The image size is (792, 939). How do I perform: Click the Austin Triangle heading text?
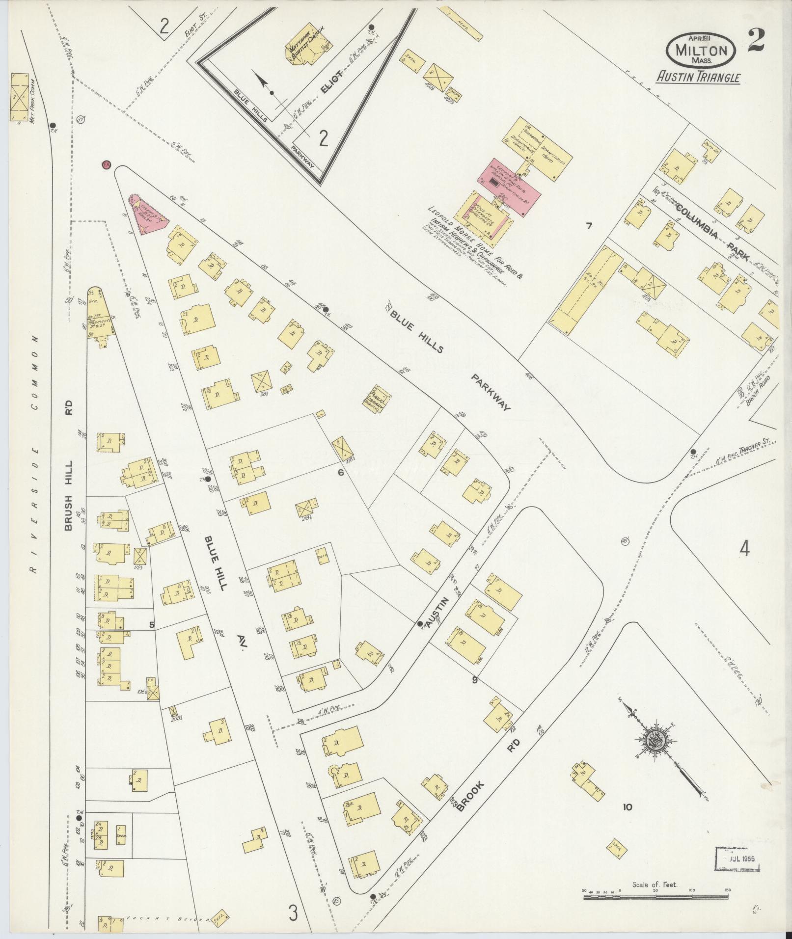[699, 78]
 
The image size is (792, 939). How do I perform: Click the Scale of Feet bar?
[655, 897]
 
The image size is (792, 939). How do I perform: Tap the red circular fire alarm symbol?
[105, 164]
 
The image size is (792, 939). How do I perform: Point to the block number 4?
[744, 549]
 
